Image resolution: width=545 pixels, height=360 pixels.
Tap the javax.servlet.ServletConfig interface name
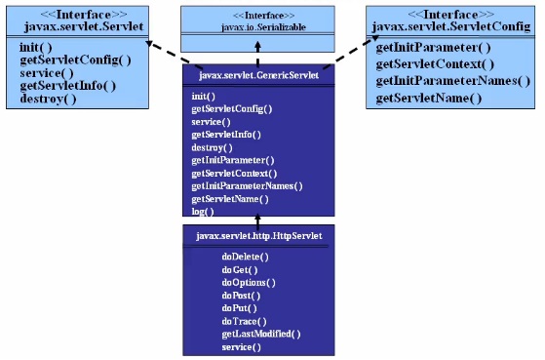453,23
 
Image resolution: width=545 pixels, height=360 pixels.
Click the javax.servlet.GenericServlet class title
258,73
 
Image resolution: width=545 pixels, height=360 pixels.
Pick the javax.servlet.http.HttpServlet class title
258,235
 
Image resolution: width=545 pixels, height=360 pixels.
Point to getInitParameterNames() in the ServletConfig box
453,81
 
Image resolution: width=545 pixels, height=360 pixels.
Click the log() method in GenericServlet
203,211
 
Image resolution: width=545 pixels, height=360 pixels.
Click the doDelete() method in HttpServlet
245,256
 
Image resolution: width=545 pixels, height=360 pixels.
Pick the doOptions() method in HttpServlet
249,282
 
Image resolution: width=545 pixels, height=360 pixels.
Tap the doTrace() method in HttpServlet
244,320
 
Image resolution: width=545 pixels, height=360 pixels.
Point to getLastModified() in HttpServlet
260,334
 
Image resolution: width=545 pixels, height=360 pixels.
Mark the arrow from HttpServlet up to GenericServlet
258,221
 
